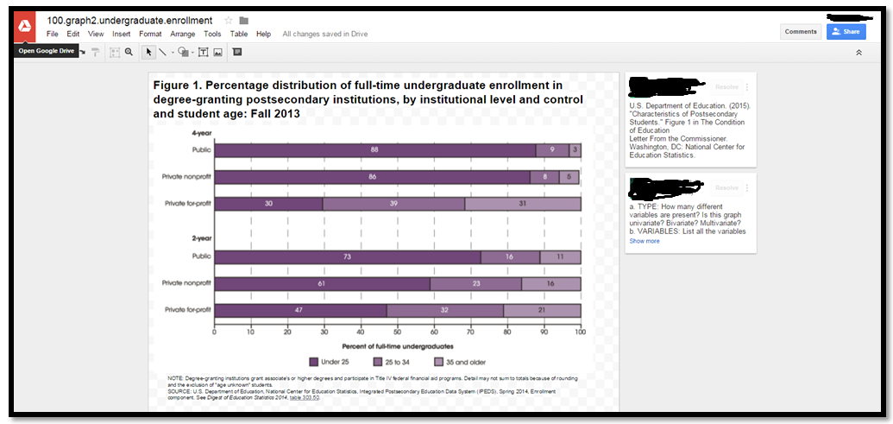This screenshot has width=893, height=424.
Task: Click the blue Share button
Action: pos(846,32)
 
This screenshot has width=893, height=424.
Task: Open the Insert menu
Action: pos(122,35)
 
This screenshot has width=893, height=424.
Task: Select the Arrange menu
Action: pos(183,35)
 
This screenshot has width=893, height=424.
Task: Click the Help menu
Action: pos(263,35)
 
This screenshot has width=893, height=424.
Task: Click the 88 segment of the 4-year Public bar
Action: pos(374,149)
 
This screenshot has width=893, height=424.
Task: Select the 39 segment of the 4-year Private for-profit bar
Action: pos(393,205)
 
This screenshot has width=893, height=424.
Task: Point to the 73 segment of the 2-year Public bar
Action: pos(347,257)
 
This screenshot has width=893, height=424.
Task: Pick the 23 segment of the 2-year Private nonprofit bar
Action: pos(475,284)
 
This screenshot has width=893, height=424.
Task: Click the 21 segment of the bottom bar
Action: pos(542,311)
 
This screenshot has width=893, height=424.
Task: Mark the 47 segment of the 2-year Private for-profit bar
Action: pos(300,311)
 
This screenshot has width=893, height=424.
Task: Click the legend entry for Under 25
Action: pos(331,362)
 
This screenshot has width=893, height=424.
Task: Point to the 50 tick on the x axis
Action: pos(398,332)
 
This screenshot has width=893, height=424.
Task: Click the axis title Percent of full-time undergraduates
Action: pos(398,346)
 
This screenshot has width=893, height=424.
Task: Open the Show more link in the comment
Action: pos(644,241)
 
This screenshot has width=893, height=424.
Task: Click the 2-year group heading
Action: pos(202,237)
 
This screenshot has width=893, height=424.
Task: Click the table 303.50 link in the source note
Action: pos(305,397)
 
